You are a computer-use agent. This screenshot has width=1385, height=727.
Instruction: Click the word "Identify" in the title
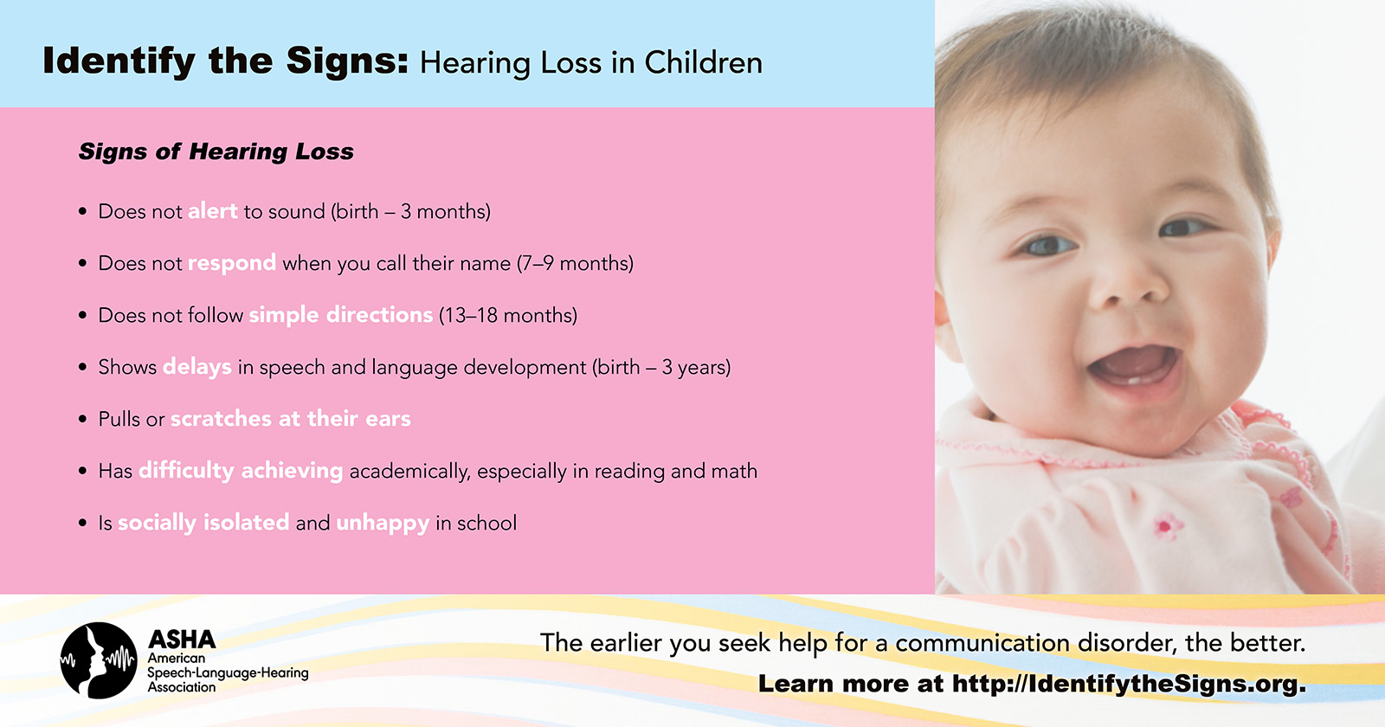[118, 61]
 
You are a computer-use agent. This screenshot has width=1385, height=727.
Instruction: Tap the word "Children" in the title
[704, 62]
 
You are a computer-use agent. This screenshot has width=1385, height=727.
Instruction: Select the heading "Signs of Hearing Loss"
[216, 152]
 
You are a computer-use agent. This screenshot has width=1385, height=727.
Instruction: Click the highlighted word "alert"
[213, 211]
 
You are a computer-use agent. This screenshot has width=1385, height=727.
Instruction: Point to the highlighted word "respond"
[232, 264]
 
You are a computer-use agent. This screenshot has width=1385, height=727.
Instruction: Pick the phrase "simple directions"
[341, 315]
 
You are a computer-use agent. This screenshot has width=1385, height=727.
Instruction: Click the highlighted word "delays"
[197, 367]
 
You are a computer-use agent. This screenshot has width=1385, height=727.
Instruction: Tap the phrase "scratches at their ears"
[291, 419]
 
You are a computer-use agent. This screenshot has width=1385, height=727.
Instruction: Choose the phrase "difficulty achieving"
[241, 471]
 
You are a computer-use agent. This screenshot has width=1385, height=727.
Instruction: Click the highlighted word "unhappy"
[383, 524]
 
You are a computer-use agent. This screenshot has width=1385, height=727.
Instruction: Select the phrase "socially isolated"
[203, 523]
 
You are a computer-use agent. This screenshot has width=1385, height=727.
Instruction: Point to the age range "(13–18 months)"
[508, 315]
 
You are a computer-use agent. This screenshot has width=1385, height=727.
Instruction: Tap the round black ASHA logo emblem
[99, 660]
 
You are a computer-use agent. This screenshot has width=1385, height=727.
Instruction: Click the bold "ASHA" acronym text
[182, 640]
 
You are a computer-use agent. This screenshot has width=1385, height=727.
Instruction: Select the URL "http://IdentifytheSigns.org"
[1129, 685]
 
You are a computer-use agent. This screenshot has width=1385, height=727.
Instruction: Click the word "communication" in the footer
[982, 644]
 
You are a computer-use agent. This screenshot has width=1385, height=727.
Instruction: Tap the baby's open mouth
[1135, 367]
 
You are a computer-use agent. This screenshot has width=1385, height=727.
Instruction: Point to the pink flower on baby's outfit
[1165, 526]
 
